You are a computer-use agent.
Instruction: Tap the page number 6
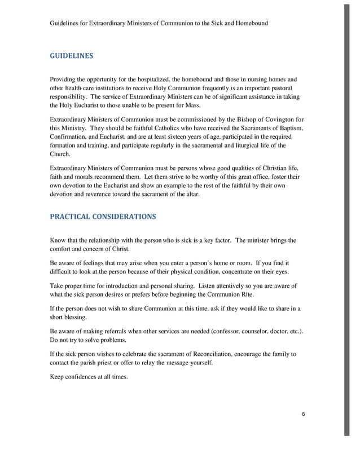coord(303,415)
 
